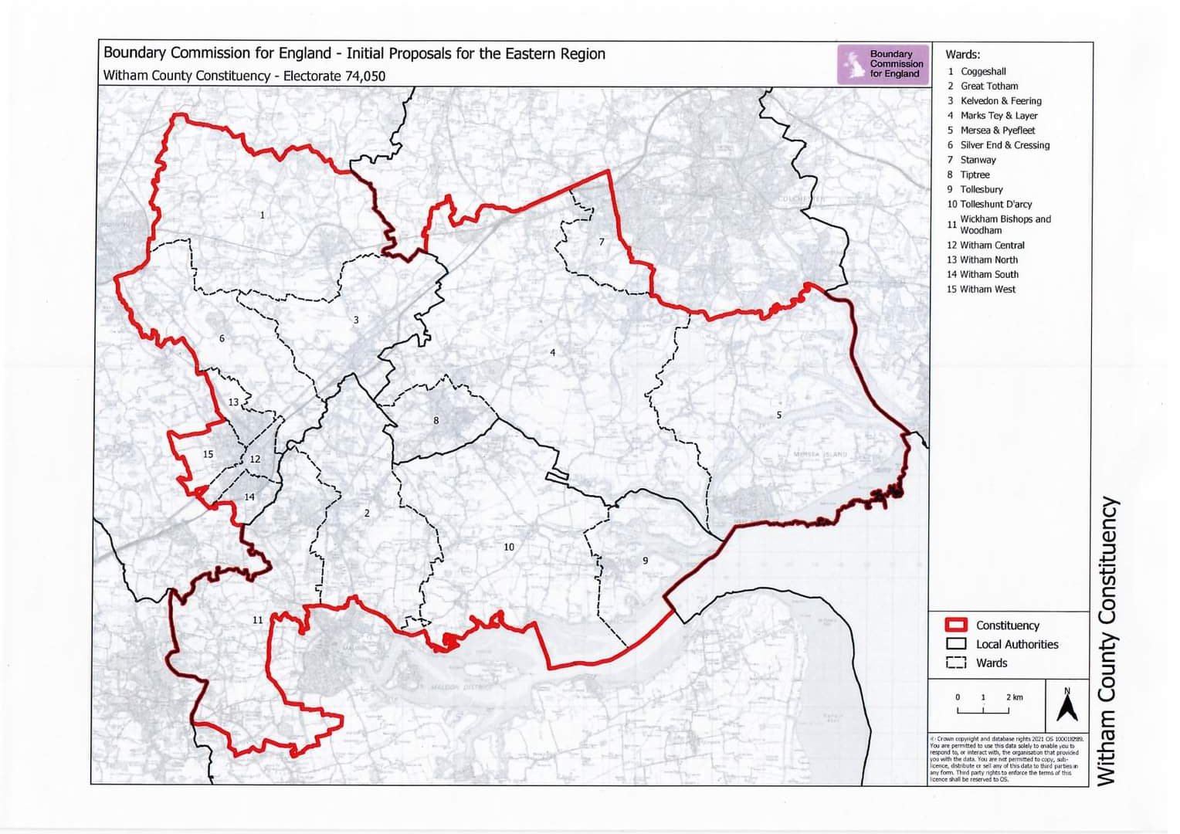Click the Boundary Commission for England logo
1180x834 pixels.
[x=883, y=64]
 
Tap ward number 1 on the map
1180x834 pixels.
[x=263, y=215]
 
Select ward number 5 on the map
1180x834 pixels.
[x=778, y=415]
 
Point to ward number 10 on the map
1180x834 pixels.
[x=509, y=547]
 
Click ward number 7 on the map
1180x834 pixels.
[x=602, y=242]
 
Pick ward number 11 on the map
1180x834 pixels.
[x=258, y=619]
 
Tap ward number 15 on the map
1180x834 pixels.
[x=208, y=454]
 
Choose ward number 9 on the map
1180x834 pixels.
[x=646, y=561]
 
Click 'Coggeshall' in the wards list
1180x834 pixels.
[x=982, y=71]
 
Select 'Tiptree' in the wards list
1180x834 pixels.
[x=975, y=175]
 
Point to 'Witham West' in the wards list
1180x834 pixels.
[x=987, y=289]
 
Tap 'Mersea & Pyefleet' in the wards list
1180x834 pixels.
[x=997, y=131]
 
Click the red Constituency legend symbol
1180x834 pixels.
[x=956, y=625]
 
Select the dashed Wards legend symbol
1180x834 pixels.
[x=956, y=663]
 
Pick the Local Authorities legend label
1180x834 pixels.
[x=1016, y=644]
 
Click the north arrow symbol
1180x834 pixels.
[x=1067, y=704]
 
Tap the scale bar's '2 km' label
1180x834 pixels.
[x=1014, y=697]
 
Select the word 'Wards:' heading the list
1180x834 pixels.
[x=962, y=54]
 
